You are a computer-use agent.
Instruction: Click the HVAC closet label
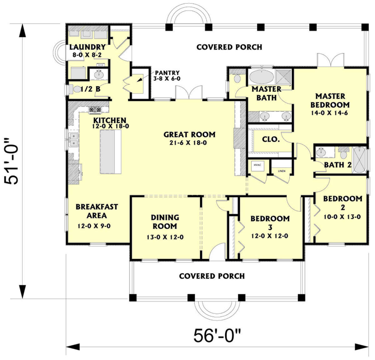pyautogui.click(x=257, y=165)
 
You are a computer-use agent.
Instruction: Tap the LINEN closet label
pyautogui.click(x=282, y=171)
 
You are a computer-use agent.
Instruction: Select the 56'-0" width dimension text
pyautogui.click(x=217, y=336)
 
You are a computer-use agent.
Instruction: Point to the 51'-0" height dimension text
pyautogui.click(x=12, y=161)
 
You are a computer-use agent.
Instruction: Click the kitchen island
pyautogui.click(x=111, y=152)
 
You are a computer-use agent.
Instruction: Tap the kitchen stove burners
pyautogui.click(x=95, y=109)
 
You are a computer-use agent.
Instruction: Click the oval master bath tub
pyautogui.click(x=261, y=77)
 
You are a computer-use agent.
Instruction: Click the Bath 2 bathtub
pyautogui.click(x=359, y=160)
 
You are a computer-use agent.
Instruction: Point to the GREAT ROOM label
pyautogui.click(x=189, y=135)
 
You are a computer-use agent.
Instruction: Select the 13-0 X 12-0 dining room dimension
pyautogui.click(x=165, y=237)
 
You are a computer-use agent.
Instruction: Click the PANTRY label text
pyautogui.click(x=167, y=73)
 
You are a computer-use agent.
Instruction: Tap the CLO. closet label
pyautogui.click(x=271, y=139)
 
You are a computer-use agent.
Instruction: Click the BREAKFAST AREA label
pyautogui.click(x=97, y=211)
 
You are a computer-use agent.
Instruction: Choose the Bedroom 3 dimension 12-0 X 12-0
pyautogui.click(x=270, y=236)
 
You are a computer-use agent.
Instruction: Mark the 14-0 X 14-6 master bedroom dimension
pyautogui.click(x=329, y=113)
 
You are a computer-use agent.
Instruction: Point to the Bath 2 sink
pyautogui.click(x=321, y=152)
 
